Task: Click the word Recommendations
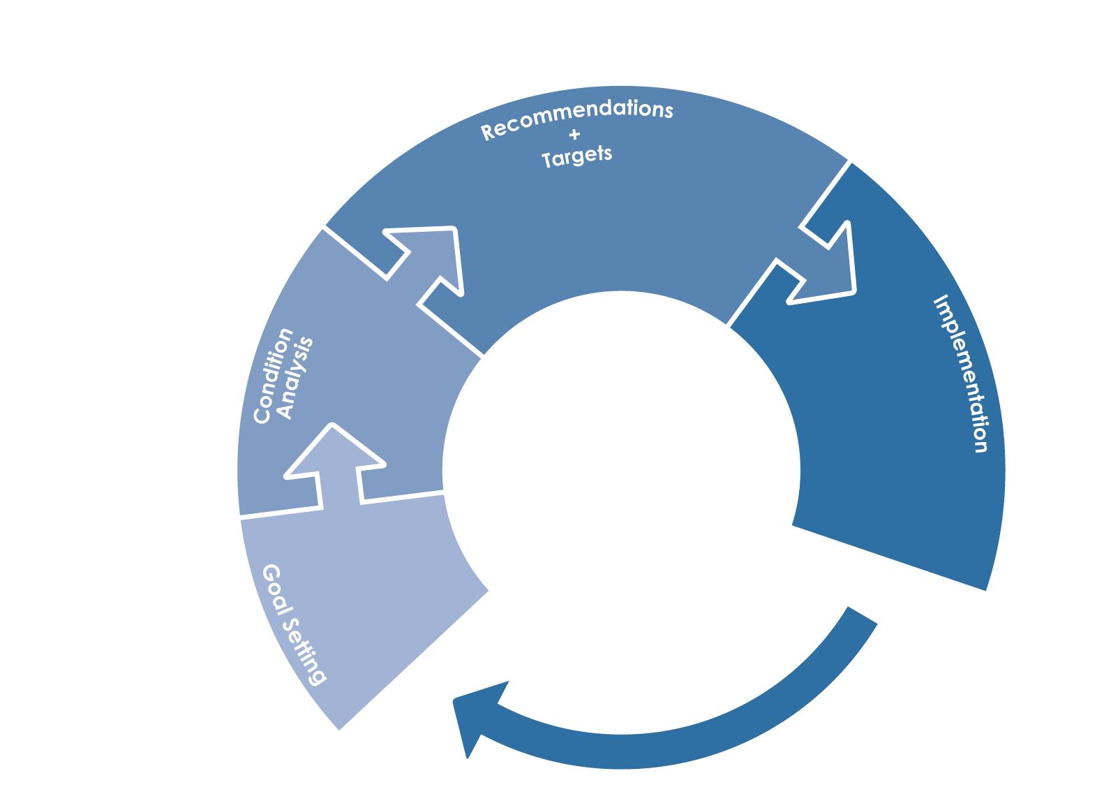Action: [578, 119]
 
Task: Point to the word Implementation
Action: [961, 374]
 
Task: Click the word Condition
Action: [273, 376]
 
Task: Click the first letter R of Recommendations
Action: [487, 132]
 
